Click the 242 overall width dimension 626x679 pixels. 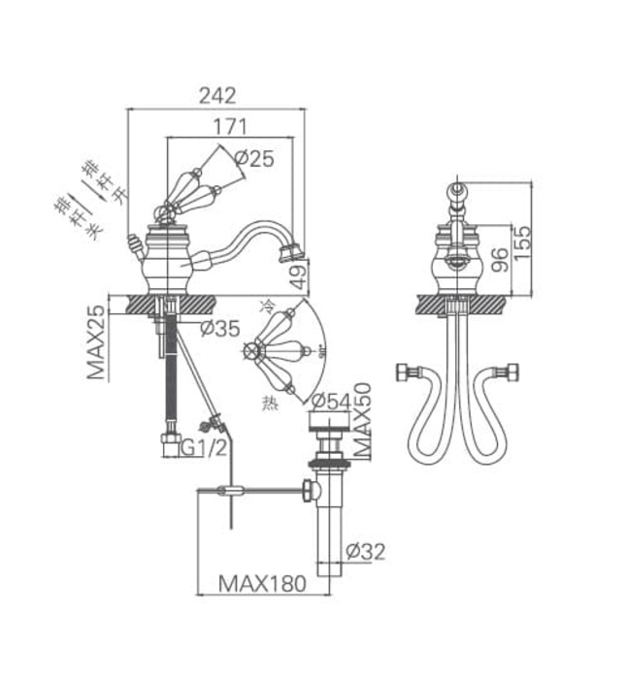tap(218, 95)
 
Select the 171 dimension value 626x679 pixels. tap(230, 126)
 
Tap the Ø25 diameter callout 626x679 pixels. tap(254, 159)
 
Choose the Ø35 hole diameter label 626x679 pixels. tap(219, 329)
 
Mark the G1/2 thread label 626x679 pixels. tap(207, 447)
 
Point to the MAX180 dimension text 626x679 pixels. tap(261, 584)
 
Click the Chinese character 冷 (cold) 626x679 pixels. tap(268, 307)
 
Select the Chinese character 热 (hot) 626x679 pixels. tap(268, 401)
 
